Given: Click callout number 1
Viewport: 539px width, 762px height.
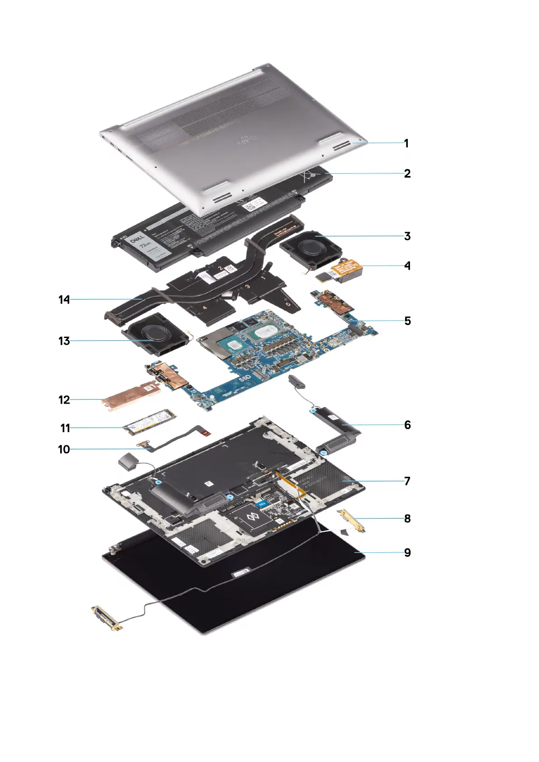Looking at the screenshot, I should click(x=406, y=143).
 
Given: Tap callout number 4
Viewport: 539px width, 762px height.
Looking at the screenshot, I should click(x=407, y=266).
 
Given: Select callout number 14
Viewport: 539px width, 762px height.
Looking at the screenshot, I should click(x=64, y=299).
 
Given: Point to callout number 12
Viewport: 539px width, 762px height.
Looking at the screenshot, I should click(x=64, y=400).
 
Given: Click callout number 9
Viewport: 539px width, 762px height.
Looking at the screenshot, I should click(x=407, y=552).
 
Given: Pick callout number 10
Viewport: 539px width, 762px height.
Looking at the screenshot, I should click(x=64, y=449).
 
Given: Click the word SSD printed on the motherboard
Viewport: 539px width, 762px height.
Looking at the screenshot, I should click(x=244, y=377).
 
